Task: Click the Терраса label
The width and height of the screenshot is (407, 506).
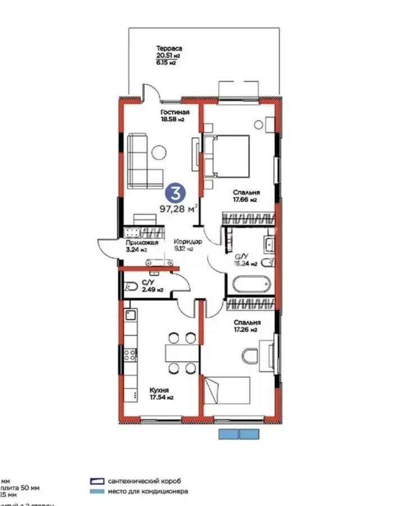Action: click(x=169, y=49)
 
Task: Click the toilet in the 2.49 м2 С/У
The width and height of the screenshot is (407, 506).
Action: click(x=130, y=286)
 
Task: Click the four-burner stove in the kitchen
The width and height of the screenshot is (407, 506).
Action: click(x=130, y=354)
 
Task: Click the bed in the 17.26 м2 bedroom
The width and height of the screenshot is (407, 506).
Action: click(x=227, y=390)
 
